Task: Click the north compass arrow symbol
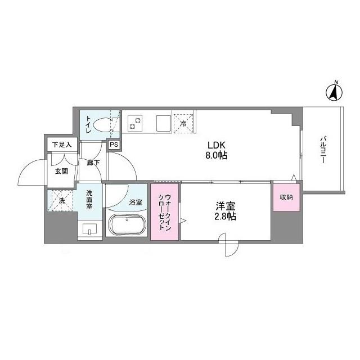pyautogui.click(x=334, y=91)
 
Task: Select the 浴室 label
pyautogui.click(x=136, y=201)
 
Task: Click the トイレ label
pyautogui.click(x=89, y=124)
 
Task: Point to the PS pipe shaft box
pyautogui.click(x=114, y=145)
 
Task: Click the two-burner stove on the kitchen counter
pyautogui.click(x=137, y=121)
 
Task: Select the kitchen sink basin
pyautogui.click(x=164, y=121)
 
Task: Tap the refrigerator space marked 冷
pyautogui.click(x=184, y=121)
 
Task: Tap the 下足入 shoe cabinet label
pyautogui.click(x=62, y=145)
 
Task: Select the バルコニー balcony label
pyautogui.click(x=325, y=149)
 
